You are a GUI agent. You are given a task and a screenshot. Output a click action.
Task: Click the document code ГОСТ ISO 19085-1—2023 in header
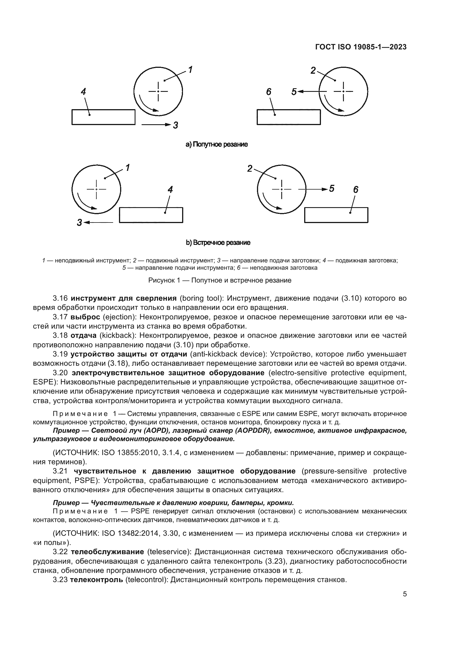(x=361, y=47)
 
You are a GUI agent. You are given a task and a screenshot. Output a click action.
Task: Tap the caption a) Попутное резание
(x=216, y=145)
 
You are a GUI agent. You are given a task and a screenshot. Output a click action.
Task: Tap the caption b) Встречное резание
(x=218, y=243)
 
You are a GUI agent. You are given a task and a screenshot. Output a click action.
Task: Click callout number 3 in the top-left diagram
(x=175, y=125)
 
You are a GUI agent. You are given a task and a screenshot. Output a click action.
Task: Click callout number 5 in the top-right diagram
(x=294, y=92)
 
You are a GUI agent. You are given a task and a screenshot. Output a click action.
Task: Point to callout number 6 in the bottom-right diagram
(x=356, y=189)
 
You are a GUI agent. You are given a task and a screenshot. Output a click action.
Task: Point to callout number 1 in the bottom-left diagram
(x=127, y=168)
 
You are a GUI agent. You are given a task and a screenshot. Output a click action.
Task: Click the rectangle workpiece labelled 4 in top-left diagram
(x=103, y=117)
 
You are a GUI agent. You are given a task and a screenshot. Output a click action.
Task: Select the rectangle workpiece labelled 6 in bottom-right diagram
(x=336, y=215)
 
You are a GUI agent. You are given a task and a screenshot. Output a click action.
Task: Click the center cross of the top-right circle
(x=343, y=91)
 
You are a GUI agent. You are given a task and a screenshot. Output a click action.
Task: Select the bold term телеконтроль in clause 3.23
(x=96, y=580)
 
